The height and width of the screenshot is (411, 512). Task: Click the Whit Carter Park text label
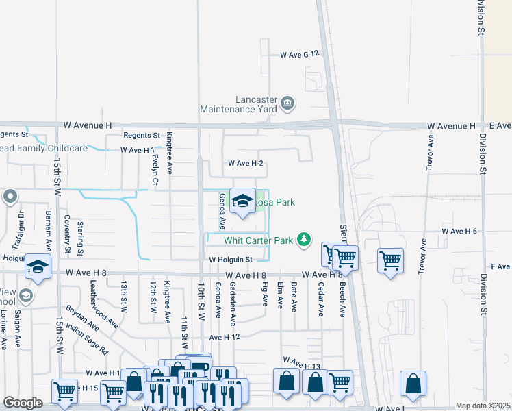259,240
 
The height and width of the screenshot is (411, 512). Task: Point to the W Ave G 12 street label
300,54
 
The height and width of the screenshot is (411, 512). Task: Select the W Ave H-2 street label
246,164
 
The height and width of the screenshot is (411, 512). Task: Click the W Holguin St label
231,260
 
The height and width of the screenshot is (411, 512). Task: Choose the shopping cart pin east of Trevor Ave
390,260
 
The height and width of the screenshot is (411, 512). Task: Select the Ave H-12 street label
225,338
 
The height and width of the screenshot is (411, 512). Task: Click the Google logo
23,403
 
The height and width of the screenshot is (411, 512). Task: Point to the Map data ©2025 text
483,406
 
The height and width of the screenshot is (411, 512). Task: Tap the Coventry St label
67,234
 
